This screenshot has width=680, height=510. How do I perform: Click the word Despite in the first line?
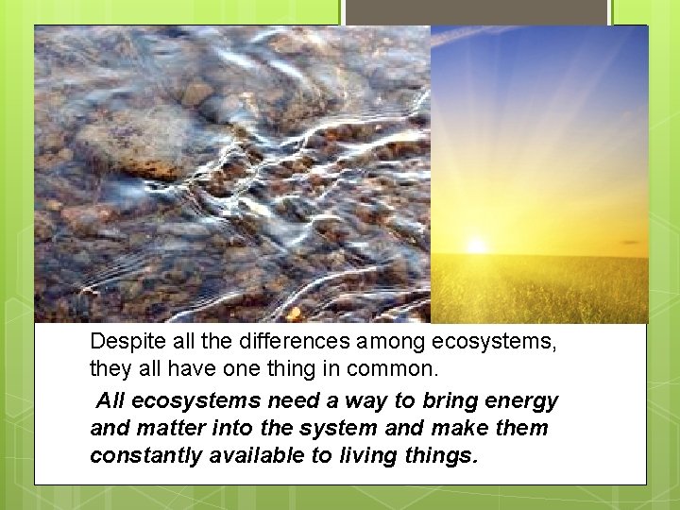pyautogui.click(x=122, y=342)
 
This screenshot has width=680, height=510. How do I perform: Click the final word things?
pyautogui.click(x=444, y=455)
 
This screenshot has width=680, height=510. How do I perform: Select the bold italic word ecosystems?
pyautogui.click(x=201, y=400)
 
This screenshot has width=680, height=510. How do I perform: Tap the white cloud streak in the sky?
pyautogui.click(x=491, y=33)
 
